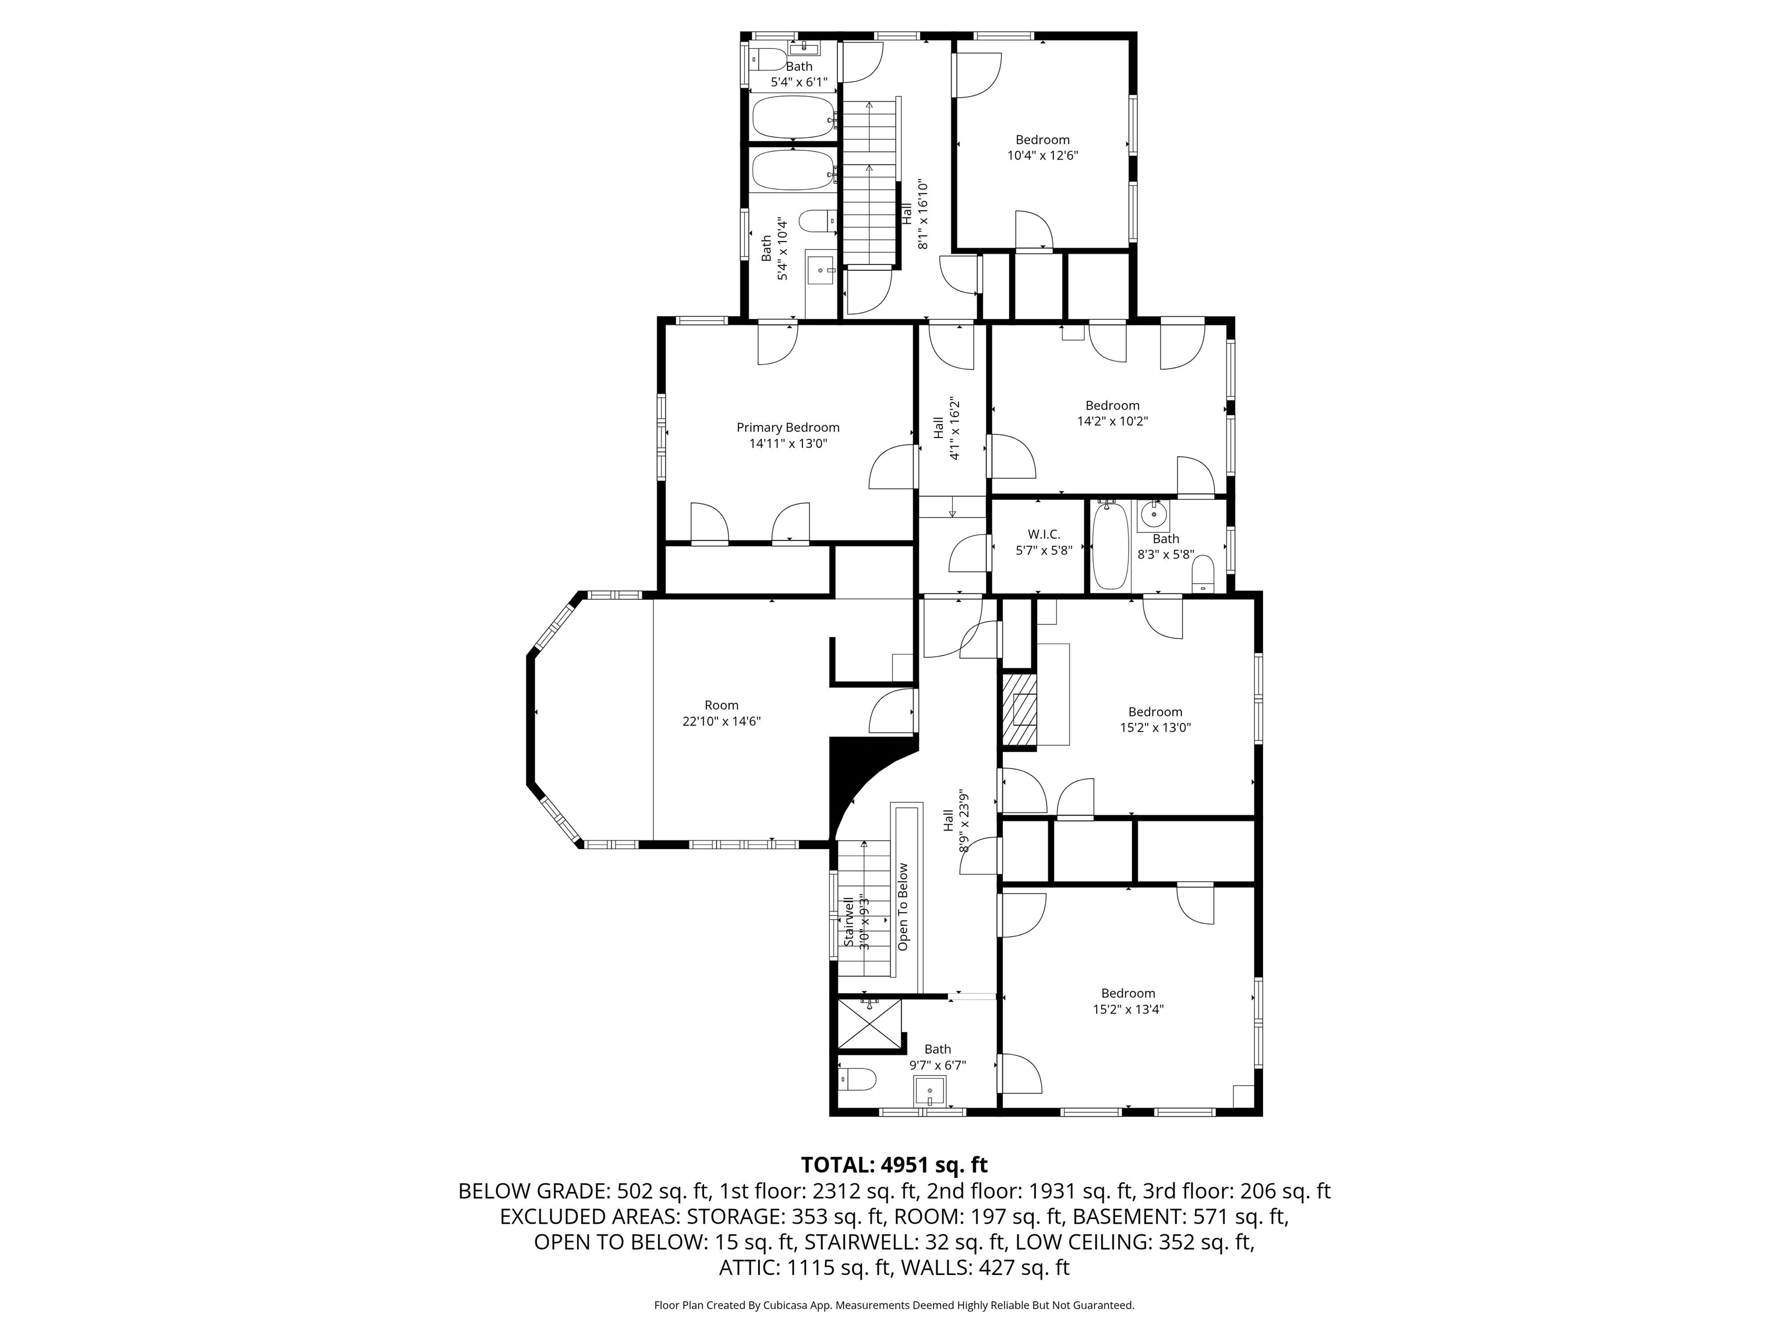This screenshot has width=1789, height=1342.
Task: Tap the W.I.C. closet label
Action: [x=1044, y=535]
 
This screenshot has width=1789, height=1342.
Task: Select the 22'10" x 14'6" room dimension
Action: [x=722, y=721]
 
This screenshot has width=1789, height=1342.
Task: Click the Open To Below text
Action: [x=903, y=907]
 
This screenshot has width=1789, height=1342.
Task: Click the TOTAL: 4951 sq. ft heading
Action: [x=894, y=1165]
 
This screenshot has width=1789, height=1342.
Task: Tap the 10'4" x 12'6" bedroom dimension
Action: [x=1042, y=156]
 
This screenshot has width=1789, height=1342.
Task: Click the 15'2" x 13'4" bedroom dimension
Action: [x=1128, y=1009]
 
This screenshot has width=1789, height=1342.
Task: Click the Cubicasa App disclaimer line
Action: [x=894, y=1305]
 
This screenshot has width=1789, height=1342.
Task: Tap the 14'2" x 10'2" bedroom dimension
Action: [x=1112, y=421]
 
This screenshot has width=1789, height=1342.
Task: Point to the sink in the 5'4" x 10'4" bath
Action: [x=822, y=269]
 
